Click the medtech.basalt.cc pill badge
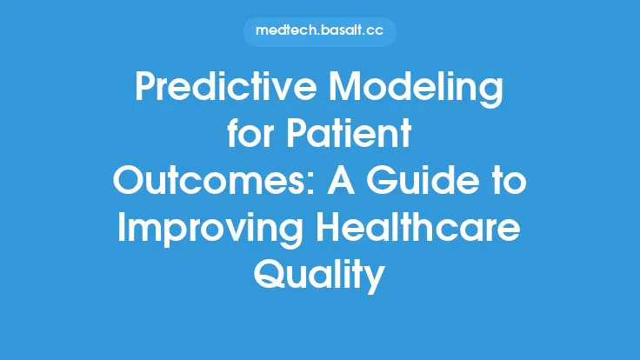pyautogui.click(x=320, y=31)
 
